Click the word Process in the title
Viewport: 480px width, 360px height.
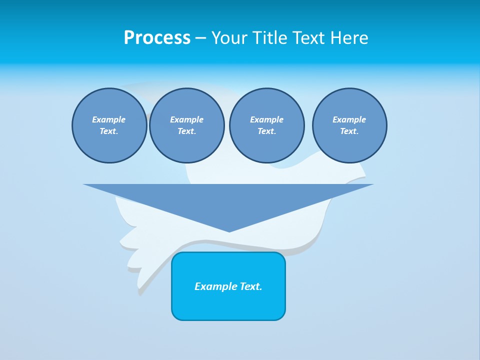click(x=157, y=38)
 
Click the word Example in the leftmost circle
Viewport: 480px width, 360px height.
click(x=109, y=119)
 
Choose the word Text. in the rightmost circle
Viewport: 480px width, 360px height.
click(x=349, y=131)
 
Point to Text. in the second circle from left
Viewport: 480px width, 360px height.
click(x=186, y=131)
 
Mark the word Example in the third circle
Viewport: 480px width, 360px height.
click(x=266, y=119)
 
